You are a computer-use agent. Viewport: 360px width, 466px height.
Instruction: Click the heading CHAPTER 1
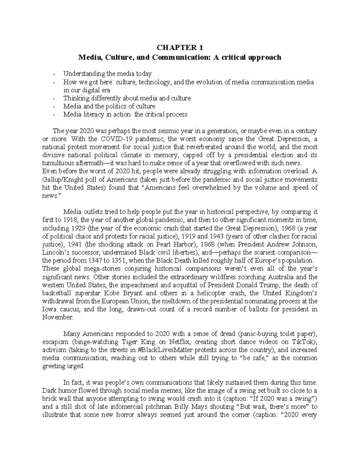(x=180, y=47)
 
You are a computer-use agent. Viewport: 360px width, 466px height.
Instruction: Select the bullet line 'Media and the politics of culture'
(x=109, y=106)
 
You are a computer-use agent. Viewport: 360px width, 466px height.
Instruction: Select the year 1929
(x=72, y=228)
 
